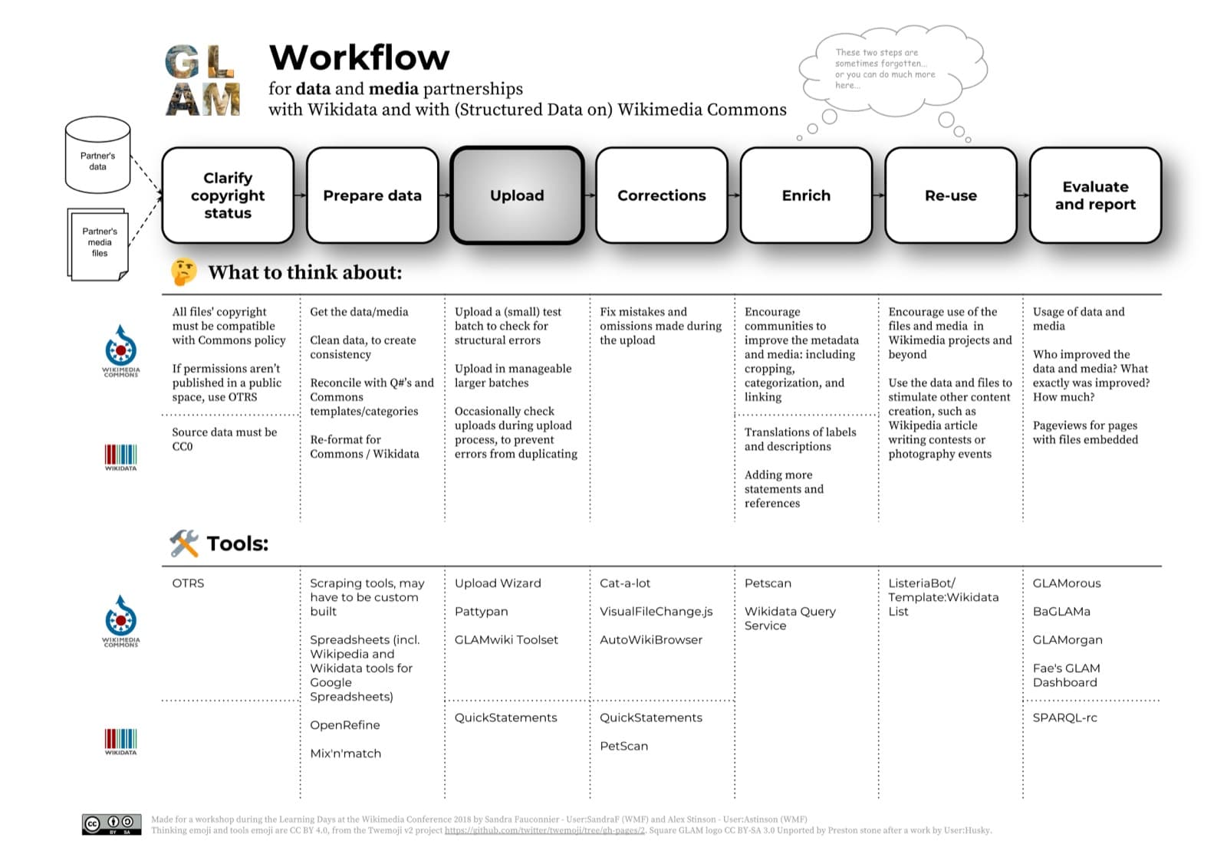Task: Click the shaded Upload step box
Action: pos(517,195)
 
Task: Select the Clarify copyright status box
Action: pos(228,195)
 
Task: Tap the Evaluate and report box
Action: pos(1094,195)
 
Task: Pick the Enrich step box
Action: pos(806,195)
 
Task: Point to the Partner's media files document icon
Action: pos(99,243)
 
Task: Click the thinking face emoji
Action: pos(184,272)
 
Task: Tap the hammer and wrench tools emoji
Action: pos(184,543)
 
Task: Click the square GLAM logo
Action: pos(203,80)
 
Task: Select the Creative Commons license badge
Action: pos(112,824)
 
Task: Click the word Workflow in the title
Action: pos(359,57)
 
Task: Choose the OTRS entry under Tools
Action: pos(188,583)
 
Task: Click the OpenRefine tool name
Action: pos(345,725)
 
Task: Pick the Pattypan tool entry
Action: pos(481,612)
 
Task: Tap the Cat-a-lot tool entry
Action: pos(625,583)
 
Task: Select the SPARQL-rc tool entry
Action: pos(1064,718)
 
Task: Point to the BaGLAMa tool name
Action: pos(1061,612)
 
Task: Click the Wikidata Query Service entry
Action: pos(790,619)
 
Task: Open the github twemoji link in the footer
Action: pos(544,830)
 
